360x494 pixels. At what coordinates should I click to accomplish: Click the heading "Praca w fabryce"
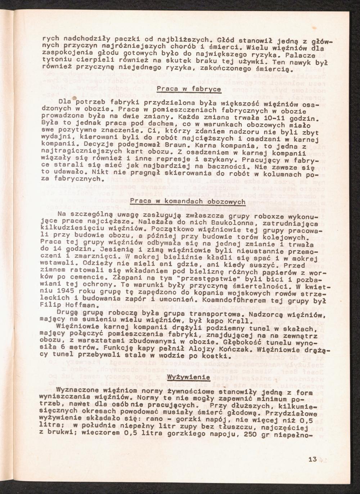[x=189, y=89]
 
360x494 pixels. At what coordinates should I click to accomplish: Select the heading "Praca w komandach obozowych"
[x=188, y=201]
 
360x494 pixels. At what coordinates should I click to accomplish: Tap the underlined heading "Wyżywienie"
[x=189, y=377]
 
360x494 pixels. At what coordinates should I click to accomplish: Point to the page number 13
[x=312, y=459]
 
